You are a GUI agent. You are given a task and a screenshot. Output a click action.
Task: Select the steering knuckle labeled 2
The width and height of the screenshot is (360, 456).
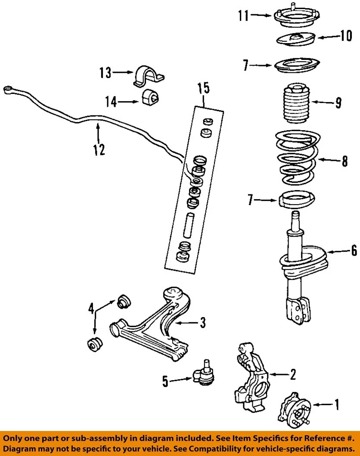pos(250,375)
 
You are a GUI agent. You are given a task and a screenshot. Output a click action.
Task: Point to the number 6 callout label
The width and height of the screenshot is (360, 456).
pos(354,250)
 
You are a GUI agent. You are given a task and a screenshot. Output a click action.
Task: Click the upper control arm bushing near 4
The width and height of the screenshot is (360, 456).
pos(124,300)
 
